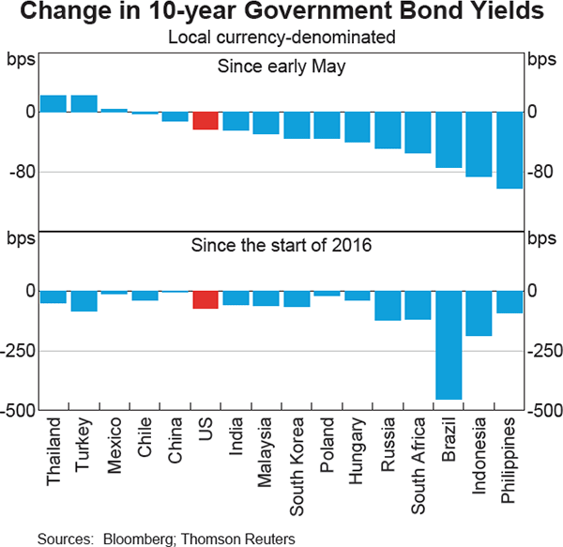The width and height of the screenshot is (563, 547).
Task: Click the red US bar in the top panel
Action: [x=205, y=120]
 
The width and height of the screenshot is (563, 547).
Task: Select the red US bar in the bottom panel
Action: [x=205, y=299]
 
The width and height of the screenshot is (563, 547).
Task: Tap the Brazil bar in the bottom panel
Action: [x=448, y=345]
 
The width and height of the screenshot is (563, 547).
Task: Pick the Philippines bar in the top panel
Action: [x=509, y=150]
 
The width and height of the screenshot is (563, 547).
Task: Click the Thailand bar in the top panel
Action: [x=53, y=103]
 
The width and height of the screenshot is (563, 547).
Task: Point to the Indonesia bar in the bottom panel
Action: [x=479, y=313]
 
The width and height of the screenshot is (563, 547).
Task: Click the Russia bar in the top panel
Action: [x=388, y=129]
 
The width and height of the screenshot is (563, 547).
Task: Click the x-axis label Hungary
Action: [x=358, y=447]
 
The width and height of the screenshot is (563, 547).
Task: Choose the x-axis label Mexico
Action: [x=115, y=444]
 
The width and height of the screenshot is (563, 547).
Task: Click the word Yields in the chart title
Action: [x=508, y=13]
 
